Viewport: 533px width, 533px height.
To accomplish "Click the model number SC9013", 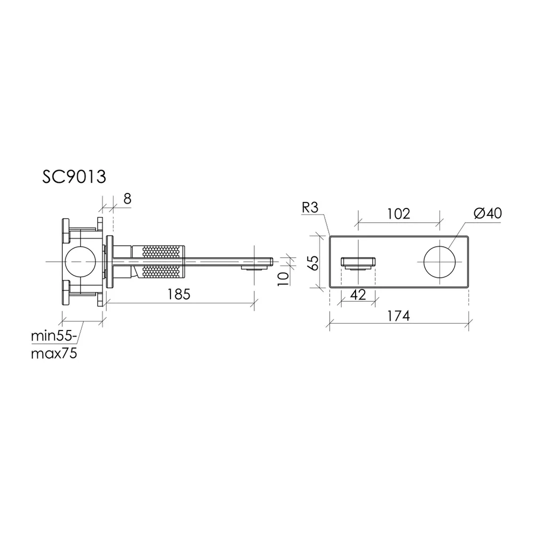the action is point(74,177).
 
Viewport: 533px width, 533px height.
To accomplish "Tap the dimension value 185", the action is point(179,294).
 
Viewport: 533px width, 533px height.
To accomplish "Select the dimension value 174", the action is point(398,316).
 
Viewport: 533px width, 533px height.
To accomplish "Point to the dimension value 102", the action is point(398,214).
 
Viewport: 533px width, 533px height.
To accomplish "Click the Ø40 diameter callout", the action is point(488,214).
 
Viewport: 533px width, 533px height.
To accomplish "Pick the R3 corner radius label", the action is point(310,207).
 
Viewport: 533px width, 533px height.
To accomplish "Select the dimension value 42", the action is point(358,295).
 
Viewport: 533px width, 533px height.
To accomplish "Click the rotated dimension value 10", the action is point(283,279).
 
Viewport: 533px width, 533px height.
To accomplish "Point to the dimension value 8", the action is point(127,199).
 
